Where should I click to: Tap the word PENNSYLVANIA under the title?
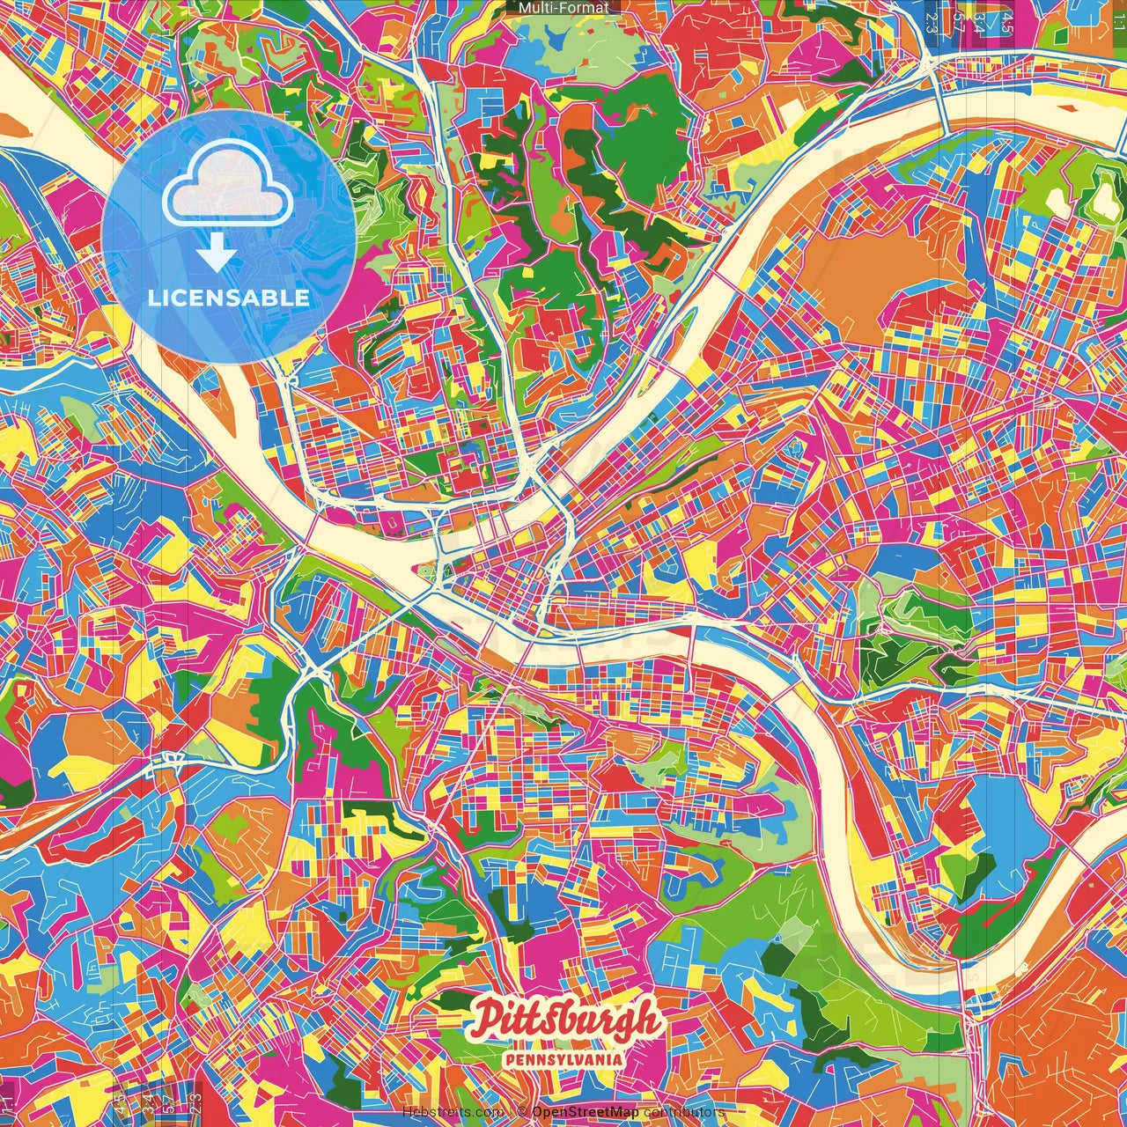(x=563, y=1059)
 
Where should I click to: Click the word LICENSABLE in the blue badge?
(x=229, y=298)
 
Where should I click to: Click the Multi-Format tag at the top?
(x=563, y=8)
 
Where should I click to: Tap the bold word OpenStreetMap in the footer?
(x=586, y=1112)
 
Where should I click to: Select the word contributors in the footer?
(x=684, y=1112)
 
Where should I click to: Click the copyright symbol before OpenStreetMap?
(x=522, y=1112)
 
